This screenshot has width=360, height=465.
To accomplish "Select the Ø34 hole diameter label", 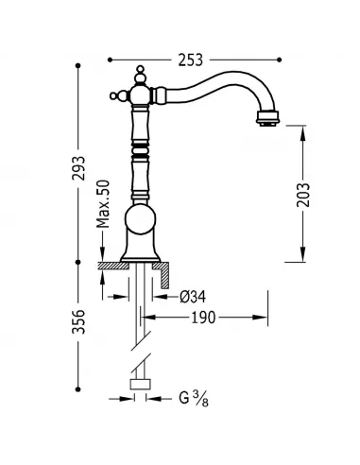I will click(194, 295).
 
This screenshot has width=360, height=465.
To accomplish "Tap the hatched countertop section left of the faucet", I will click(113, 267).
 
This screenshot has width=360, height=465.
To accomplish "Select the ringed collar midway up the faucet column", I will click(143, 149).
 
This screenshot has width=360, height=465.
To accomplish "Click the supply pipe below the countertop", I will click(144, 302).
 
